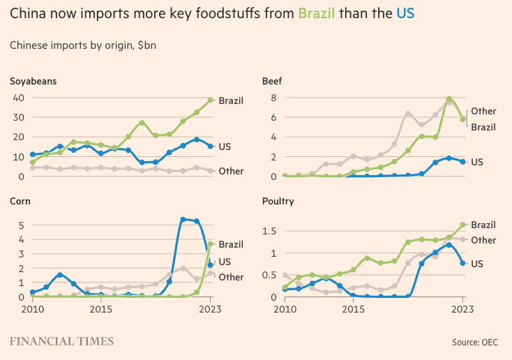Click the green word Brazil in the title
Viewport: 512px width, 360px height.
pos(317,13)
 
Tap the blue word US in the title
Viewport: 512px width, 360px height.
pos(405,13)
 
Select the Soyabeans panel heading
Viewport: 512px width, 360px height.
pos(33,81)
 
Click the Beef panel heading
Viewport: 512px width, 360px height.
pos(272,81)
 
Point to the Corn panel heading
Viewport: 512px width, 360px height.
pos(20,201)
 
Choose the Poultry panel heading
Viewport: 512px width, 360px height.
pos(278,201)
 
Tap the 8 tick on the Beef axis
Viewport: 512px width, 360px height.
pos(274,97)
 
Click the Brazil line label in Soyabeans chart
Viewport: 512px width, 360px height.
pos(231,100)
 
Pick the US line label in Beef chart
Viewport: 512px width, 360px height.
pos(477,161)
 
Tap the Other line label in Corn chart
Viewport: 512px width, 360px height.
pos(231,277)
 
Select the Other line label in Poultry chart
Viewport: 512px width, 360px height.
pos(483,240)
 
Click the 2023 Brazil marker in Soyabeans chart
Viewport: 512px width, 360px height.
pos(210,100)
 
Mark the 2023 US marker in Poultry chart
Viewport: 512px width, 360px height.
pos(462,263)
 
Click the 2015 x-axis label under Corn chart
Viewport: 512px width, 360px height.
pos(101,308)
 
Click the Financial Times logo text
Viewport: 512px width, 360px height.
pos(61,341)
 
